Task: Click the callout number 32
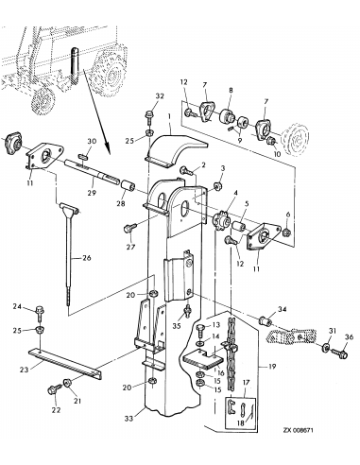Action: [x=160, y=96]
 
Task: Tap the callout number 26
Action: [x=87, y=258]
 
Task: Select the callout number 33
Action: [x=129, y=418]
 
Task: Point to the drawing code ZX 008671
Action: [x=298, y=430]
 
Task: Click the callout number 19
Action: [x=272, y=367]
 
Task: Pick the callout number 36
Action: [x=349, y=336]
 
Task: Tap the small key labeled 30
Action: [x=84, y=155]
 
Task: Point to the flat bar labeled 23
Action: [x=65, y=363]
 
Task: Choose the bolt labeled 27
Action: [x=130, y=228]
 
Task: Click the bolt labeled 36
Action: [x=339, y=353]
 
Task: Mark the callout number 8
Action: [x=231, y=91]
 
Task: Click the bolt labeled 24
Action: [x=40, y=313]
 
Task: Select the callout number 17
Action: [x=247, y=383]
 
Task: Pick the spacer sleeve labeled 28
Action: [x=129, y=186]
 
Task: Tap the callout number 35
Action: [x=177, y=326]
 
